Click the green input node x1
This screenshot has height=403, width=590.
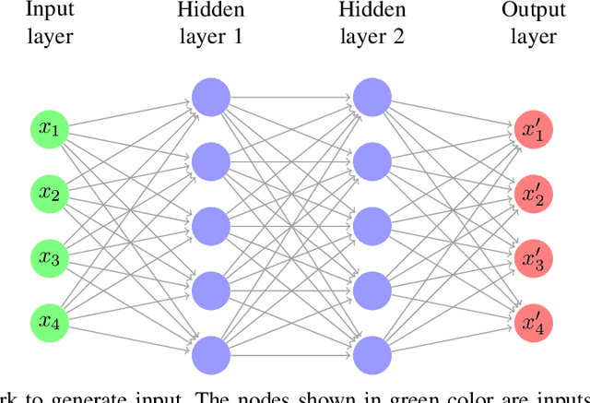[49, 131]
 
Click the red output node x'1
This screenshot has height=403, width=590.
[533, 131]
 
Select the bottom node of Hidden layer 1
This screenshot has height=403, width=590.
[210, 355]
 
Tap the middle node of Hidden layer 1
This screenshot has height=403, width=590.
[210, 224]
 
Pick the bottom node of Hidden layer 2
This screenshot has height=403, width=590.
[372, 355]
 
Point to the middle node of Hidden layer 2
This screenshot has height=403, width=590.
[372, 224]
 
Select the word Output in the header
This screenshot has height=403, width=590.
[533, 12]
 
